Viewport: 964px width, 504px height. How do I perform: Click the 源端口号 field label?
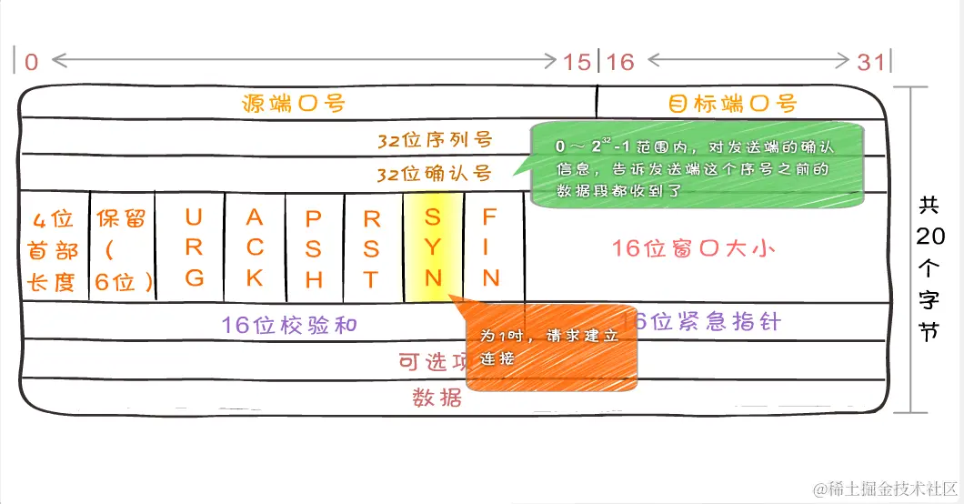pyautogui.click(x=294, y=103)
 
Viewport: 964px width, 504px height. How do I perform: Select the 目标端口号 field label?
pyautogui.click(x=733, y=103)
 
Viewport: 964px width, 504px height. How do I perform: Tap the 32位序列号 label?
pyautogui.click(x=435, y=140)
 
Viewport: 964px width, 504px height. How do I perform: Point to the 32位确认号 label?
pyautogui.click(x=435, y=173)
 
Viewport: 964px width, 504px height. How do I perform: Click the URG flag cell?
pyautogui.click(x=194, y=247)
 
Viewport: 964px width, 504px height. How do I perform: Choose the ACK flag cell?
pyautogui.click(x=255, y=247)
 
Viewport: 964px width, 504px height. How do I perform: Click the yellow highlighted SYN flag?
pyautogui.click(x=433, y=247)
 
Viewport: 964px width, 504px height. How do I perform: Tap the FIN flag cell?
pyautogui.click(x=491, y=247)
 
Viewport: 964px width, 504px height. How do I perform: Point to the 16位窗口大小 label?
pyautogui.click(x=694, y=247)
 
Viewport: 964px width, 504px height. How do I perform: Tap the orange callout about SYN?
pyautogui.click(x=549, y=347)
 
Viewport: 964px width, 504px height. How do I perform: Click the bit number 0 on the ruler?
pyautogui.click(x=32, y=62)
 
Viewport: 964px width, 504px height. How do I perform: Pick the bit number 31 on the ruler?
pyautogui.click(x=870, y=62)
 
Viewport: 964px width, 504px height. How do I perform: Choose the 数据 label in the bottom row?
pyautogui.click(x=437, y=398)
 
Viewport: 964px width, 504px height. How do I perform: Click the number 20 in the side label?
pyautogui.click(x=929, y=237)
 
